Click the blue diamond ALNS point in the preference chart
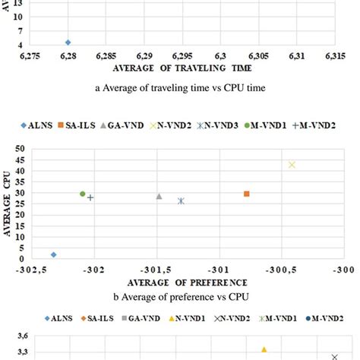(53, 254)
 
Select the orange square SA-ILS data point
(246, 194)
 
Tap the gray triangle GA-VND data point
(159, 197)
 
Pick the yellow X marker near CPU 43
(292, 165)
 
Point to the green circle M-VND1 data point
(82, 194)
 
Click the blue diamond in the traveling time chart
(68, 43)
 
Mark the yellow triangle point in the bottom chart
(264, 349)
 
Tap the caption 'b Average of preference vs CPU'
(180, 296)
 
